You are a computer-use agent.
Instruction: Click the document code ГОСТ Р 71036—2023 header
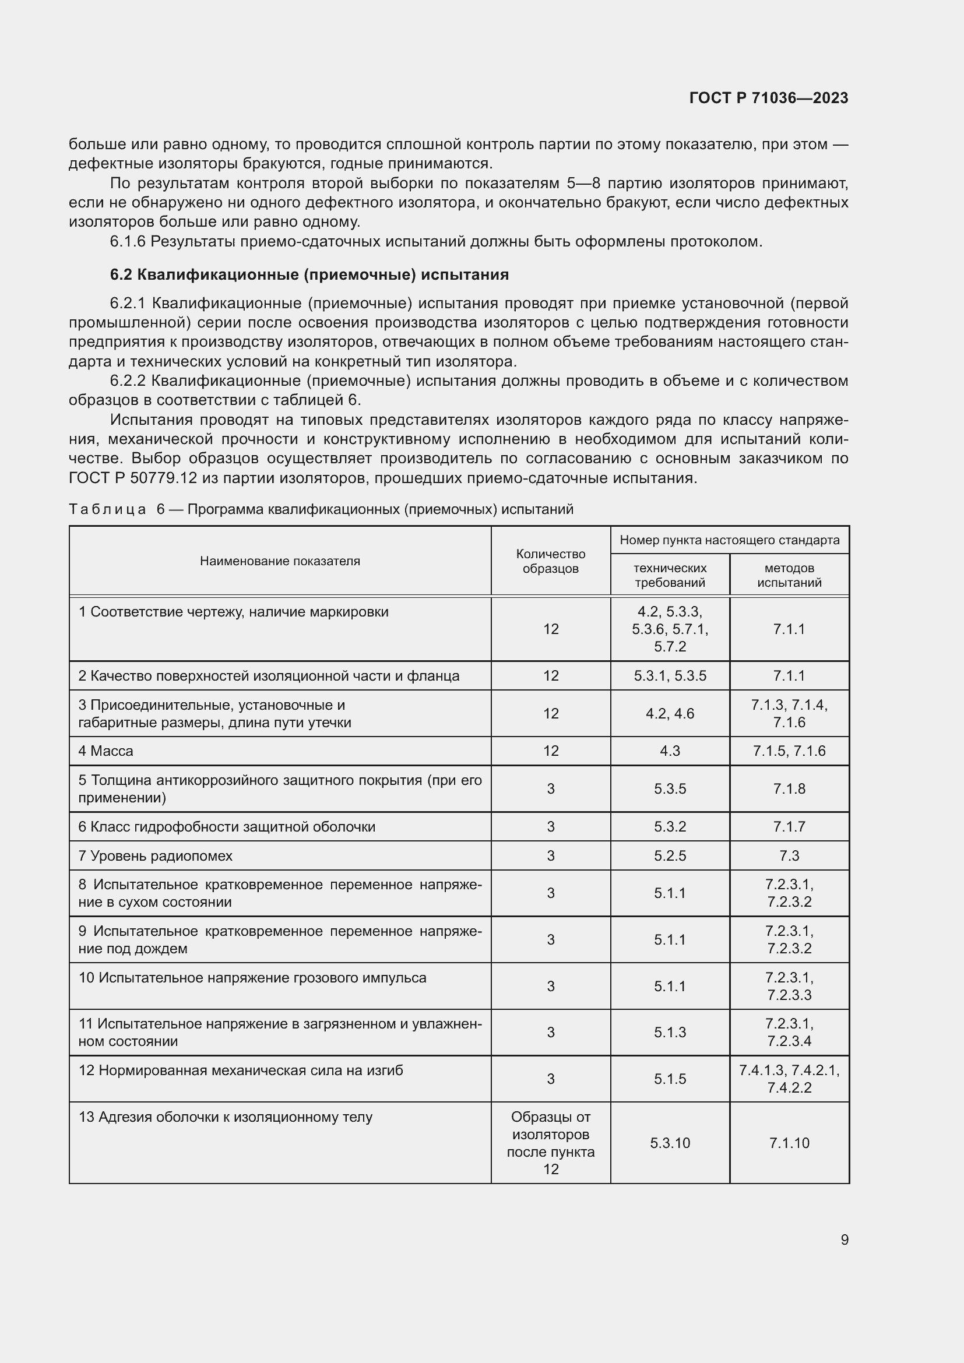click(x=769, y=98)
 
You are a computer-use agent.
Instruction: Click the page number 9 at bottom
click(x=844, y=1239)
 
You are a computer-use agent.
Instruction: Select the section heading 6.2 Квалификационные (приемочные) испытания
click(x=309, y=275)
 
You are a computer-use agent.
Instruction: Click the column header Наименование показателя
click(x=280, y=561)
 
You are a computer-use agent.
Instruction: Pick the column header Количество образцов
click(x=550, y=561)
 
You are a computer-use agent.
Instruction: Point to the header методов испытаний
click(x=789, y=575)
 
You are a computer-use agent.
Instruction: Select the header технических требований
click(x=670, y=575)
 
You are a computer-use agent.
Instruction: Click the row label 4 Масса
click(x=105, y=751)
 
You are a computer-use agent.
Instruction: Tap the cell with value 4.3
click(x=670, y=751)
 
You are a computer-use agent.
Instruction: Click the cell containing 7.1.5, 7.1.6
click(x=789, y=751)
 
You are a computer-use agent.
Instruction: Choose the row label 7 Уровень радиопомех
click(x=156, y=855)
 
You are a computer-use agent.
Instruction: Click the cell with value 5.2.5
click(x=670, y=855)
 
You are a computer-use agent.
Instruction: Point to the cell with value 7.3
click(x=789, y=855)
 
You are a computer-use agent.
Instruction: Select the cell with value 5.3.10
click(x=670, y=1143)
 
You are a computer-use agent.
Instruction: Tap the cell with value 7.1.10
click(x=789, y=1143)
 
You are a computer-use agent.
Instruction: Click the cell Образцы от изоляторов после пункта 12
click(x=550, y=1143)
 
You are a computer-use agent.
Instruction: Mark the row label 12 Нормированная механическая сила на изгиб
click(x=240, y=1070)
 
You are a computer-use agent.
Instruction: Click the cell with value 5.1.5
click(x=670, y=1079)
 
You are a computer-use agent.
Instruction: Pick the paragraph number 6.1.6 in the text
click(x=127, y=242)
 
